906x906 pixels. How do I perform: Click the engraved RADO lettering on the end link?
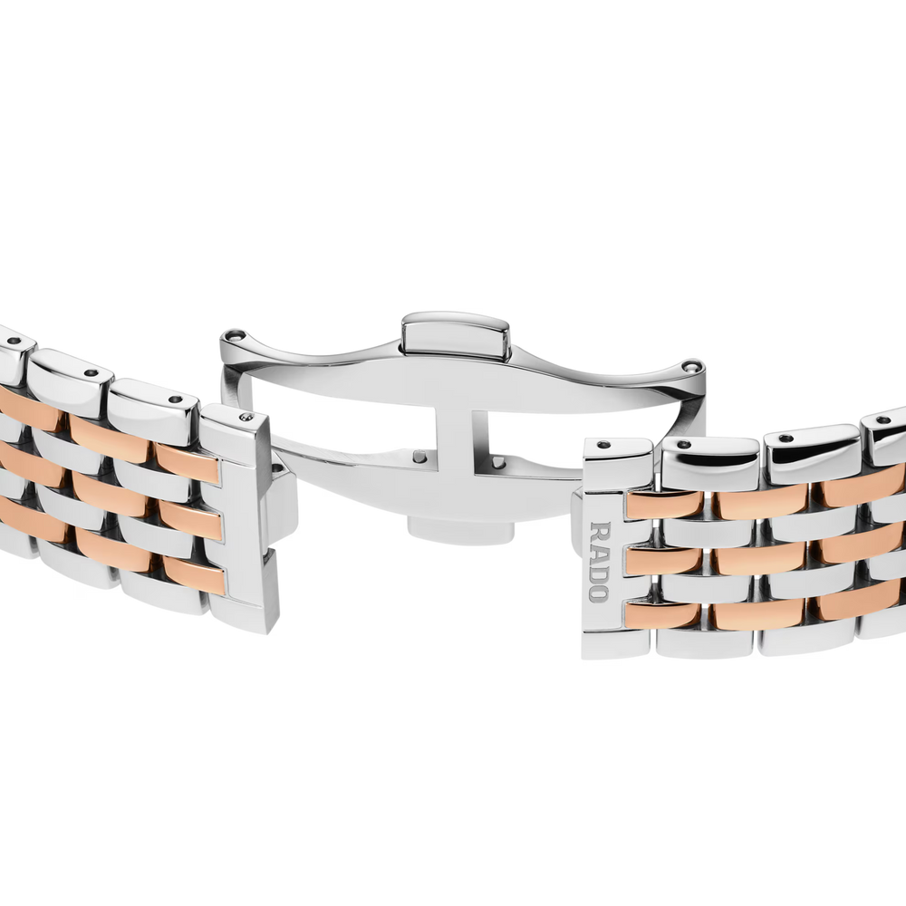tap(599, 562)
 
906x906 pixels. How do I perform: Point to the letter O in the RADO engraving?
tap(599, 593)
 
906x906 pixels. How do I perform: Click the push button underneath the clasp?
tap(460, 530)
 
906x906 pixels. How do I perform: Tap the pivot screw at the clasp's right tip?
tap(691, 366)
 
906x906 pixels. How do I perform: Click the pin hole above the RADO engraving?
tap(604, 444)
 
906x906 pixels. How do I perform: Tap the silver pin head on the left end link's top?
tap(246, 417)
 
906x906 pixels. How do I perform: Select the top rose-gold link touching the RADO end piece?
tap(664, 504)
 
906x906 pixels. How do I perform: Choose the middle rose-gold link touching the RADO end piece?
tap(664, 559)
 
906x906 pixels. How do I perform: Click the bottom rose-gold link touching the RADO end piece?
tap(664, 615)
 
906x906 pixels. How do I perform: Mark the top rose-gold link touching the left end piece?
tap(188, 462)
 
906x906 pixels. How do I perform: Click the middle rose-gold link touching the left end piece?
tap(190, 518)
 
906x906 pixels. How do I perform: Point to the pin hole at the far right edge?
tap(883, 420)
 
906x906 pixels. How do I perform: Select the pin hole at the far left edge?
tap(14, 341)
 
